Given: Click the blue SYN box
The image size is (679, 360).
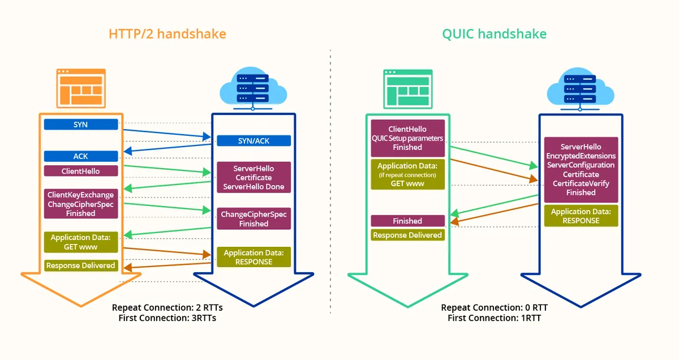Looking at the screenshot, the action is pyautogui.click(x=81, y=125).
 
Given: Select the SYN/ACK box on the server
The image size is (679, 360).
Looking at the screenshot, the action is pyautogui.click(x=253, y=141).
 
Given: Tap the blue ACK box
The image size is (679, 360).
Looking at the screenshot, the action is pyautogui.click(x=81, y=156).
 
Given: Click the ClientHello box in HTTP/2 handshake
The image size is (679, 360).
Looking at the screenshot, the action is pyautogui.click(x=81, y=171).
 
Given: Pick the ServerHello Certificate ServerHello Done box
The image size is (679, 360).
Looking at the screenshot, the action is pyautogui.click(x=253, y=177).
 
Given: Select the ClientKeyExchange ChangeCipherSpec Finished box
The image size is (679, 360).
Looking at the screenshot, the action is pyautogui.click(x=81, y=204).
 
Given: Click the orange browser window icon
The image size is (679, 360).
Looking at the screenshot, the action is pyautogui.click(x=81, y=88).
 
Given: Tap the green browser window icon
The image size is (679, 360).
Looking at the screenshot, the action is pyautogui.click(x=408, y=89).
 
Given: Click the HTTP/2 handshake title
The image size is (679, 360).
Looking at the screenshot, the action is pyautogui.click(x=167, y=33).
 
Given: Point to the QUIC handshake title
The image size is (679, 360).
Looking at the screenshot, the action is pyautogui.click(x=495, y=33).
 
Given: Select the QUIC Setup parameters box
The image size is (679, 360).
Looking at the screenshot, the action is pyautogui.click(x=408, y=138).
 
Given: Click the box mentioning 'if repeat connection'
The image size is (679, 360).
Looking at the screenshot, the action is pyautogui.click(x=408, y=174).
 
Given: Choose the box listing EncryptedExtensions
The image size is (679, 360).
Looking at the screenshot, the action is pyautogui.click(x=581, y=170).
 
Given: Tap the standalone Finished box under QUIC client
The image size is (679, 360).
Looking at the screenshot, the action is pyautogui.click(x=408, y=221).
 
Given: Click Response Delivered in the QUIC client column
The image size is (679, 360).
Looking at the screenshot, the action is pyautogui.click(x=408, y=235).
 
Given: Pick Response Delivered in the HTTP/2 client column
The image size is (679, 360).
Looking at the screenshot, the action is pyautogui.click(x=81, y=265).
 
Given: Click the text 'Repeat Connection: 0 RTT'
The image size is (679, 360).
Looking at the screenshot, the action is pyautogui.click(x=495, y=307).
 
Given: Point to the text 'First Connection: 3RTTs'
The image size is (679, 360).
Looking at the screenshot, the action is pyautogui.click(x=167, y=318).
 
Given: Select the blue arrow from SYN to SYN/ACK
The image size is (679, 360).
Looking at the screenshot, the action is pyautogui.click(x=167, y=134).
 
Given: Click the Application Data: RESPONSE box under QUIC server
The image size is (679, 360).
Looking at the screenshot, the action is pyautogui.click(x=581, y=216).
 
